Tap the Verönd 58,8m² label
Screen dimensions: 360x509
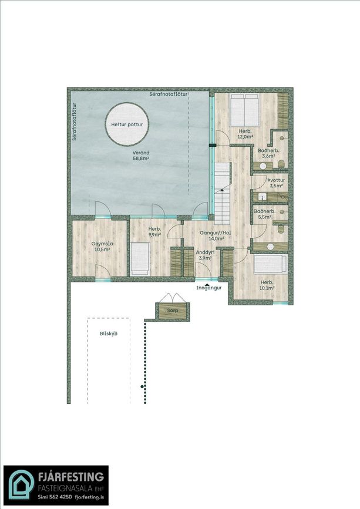(141, 156)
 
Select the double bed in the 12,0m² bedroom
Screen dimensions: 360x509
(244, 110)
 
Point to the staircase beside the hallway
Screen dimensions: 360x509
(222, 194)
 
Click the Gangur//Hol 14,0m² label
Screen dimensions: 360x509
(215, 235)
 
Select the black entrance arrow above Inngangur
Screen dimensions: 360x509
(207, 284)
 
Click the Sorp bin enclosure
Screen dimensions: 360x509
(173, 311)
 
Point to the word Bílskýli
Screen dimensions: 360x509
(109, 333)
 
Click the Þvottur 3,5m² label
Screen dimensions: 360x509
(276, 183)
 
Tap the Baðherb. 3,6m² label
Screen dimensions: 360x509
(268, 153)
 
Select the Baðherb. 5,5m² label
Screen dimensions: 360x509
(265, 214)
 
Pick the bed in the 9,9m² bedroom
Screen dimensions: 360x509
(140, 259)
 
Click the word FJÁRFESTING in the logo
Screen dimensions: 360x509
(70, 477)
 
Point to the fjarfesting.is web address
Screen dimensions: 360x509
(89, 497)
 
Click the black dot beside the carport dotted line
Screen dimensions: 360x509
(142, 387)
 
